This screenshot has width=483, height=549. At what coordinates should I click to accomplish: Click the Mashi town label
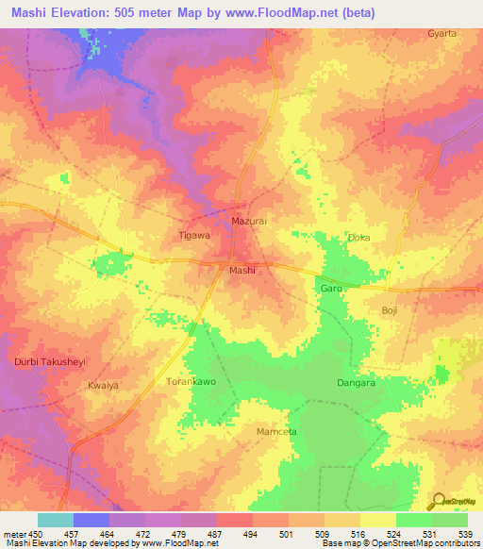243,269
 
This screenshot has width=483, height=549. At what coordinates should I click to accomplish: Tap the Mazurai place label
249,221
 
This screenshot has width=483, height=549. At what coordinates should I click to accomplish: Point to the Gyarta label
441,33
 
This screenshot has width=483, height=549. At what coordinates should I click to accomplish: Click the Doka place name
358,239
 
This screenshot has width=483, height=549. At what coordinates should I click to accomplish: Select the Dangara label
357,383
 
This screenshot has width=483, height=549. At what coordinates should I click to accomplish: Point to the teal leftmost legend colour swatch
56,520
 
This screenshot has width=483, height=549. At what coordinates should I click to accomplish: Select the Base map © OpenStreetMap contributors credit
398,543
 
